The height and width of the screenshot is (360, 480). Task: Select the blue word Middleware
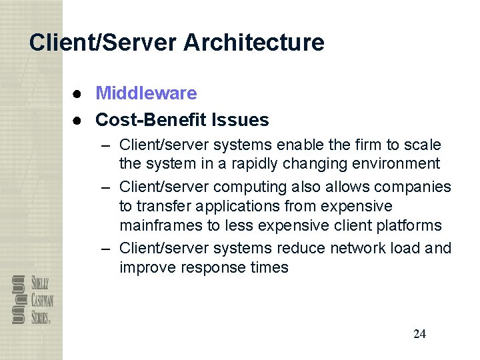tap(146, 93)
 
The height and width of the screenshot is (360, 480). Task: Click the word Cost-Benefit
tap(151, 120)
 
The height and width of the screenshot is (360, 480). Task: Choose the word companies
tap(413, 187)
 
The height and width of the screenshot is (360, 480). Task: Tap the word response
tap(207, 267)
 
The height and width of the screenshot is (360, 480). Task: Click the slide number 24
tap(419, 334)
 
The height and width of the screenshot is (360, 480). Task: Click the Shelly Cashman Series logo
tap(32, 299)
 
